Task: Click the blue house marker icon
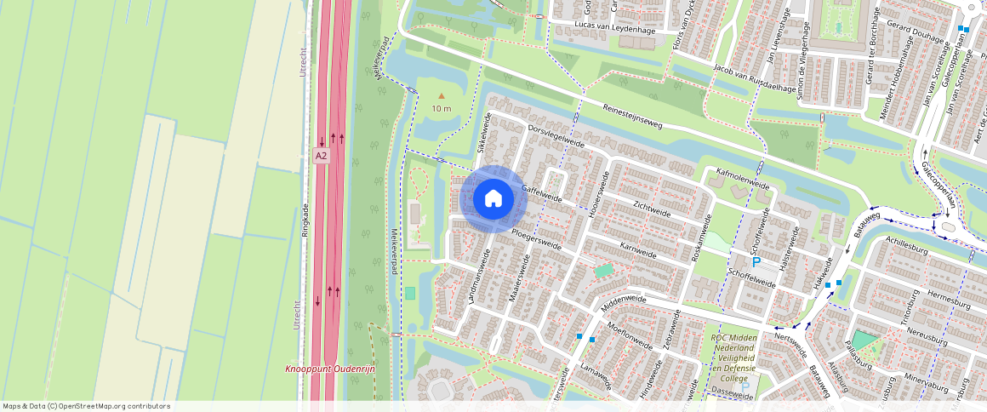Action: tap(493, 199)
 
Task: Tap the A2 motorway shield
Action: tap(321, 156)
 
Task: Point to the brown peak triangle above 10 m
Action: tap(441, 96)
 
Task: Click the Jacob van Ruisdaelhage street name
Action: tap(755, 76)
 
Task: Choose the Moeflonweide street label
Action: tap(630, 341)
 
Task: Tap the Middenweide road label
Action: tap(625, 300)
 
